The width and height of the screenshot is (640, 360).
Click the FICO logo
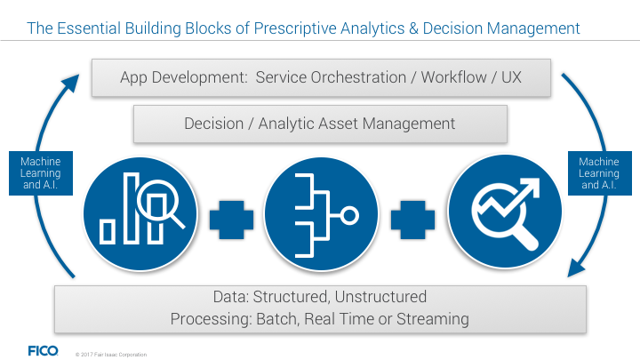[44, 350]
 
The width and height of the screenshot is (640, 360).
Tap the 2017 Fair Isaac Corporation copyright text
[111, 355]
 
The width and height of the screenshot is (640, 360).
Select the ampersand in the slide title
[413, 28]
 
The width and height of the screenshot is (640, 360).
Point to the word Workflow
[453, 77]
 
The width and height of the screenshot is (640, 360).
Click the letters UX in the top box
[511, 77]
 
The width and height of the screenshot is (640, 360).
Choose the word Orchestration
[358, 77]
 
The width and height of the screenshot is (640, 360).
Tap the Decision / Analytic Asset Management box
[320, 124]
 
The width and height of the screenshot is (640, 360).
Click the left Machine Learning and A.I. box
[41, 173]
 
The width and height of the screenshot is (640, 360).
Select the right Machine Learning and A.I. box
[600, 173]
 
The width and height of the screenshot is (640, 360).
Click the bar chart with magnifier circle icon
[140, 214]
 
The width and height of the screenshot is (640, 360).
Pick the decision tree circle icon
[321, 214]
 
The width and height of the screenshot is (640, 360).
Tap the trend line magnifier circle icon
[505, 212]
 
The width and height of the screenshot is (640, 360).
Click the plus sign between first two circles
[231, 220]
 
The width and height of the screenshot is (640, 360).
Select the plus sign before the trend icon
[412, 220]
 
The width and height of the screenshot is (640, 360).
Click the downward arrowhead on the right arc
[576, 269]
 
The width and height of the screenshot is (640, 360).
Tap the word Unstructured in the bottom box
[380, 297]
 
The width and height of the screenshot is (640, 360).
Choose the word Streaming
[433, 319]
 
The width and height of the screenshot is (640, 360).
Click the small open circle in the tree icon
[349, 215]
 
